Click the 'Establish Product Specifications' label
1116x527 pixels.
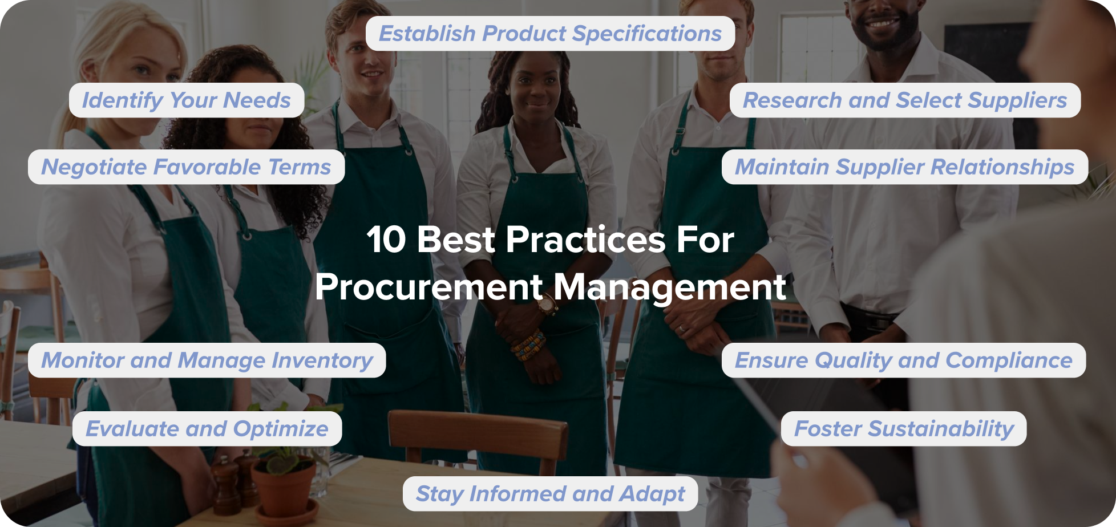[x=550, y=34]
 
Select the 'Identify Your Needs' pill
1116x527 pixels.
[x=187, y=100]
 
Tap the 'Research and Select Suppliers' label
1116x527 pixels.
[x=905, y=100]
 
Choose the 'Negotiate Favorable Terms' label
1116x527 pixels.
[x=186, y=167]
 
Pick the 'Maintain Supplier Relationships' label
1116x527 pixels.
[x=904, y=167]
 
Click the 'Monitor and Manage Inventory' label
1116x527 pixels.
[x=207, y=360]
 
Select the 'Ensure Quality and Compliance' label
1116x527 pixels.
[x=903, y=360]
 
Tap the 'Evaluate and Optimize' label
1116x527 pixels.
[x=207, y=429]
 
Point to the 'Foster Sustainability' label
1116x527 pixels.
[x=903, y=429]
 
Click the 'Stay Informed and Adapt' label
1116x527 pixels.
[x=550, y=494]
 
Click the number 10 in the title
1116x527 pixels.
[x=386, y=240]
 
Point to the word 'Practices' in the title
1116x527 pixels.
[x=585, y=240]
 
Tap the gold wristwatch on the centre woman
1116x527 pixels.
[x=547, y=306]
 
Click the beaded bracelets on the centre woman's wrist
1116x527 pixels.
[x=528, y=344]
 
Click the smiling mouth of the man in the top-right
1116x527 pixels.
[x=882, y=24]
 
